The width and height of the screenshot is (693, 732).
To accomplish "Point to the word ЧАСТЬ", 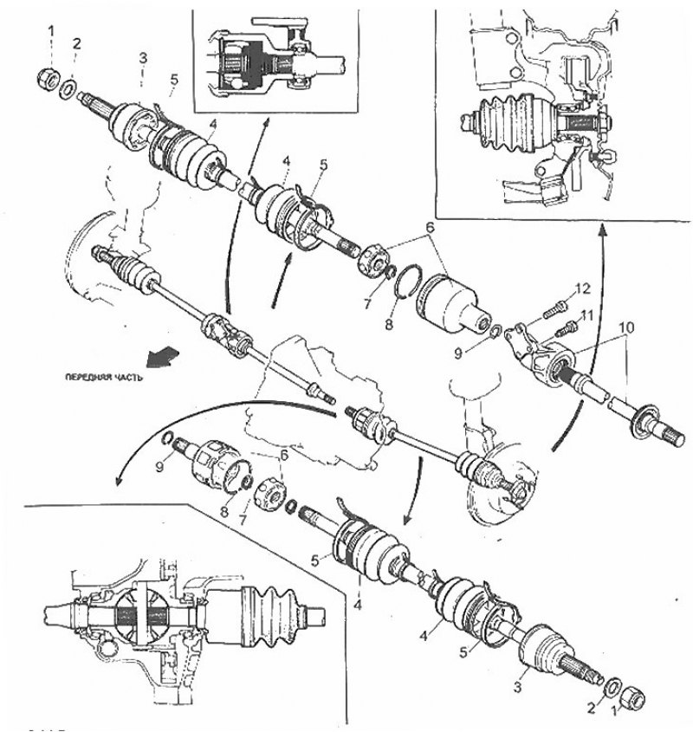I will point(129,379).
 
